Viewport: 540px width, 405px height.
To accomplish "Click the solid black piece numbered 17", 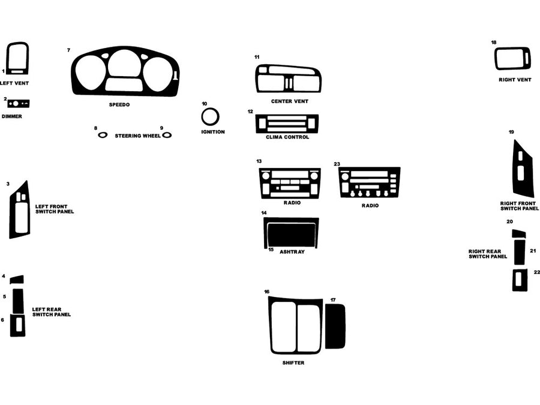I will [x=335, y=326].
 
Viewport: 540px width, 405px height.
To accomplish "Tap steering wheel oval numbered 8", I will [x=103, y=135].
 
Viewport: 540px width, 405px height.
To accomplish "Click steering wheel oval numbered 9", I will [x=167, y=135].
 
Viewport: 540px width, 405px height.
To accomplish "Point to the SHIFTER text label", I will [x=293, y=363].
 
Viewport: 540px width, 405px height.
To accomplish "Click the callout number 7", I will [x=68, y=50].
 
